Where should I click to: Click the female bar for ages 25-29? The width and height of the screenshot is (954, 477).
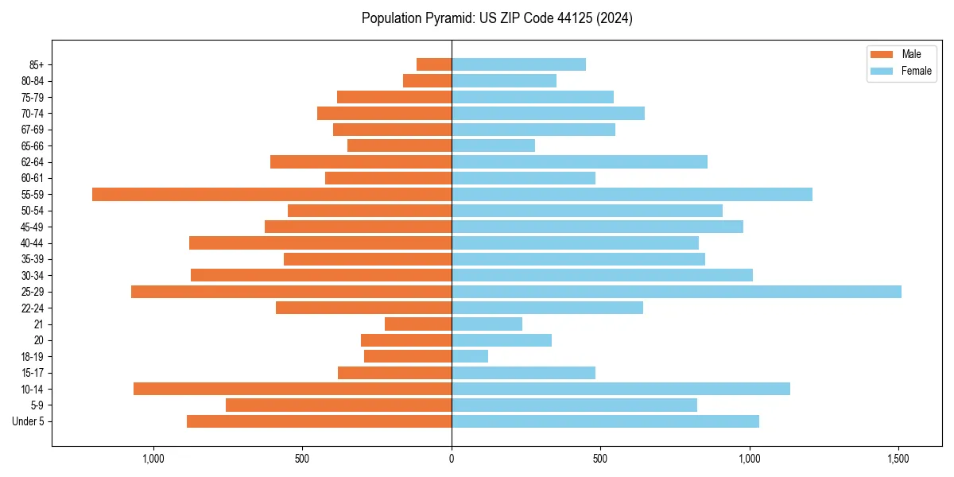pyautogui.click(x=676, y=292)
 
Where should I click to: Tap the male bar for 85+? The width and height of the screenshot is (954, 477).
pyautogui.click(x=434, y=64)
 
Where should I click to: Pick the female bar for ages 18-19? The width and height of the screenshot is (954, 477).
pyautogui.click(x=470, y=356)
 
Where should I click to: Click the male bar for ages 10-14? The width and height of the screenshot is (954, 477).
pyautogui.click(x=293, y=389)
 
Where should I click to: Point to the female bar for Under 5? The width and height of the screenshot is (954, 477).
pyautogui.click(x=605, y=421)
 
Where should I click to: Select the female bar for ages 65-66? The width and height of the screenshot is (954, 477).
pyautogui.click(x=493, y=145)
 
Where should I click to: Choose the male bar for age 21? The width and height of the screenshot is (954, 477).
pyautogui.click(x=418, y=324)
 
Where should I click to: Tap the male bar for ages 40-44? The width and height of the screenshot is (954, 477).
pyautogui.click(x=320, y=243)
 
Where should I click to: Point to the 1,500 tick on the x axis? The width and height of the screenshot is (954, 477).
pyautogui.click(x=898, y=459)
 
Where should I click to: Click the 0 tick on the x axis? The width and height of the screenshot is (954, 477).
pyautogui.click(x=452, y=459)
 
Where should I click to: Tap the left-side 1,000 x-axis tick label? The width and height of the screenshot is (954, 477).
pyautogui.click(x=153, y=459)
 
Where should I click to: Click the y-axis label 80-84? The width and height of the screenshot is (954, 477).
pyautogui.click(x=33, y=81)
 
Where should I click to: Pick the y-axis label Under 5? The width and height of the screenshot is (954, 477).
pyautogui.click(x=28, y=421)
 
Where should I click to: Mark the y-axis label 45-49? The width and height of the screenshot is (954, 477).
pyautogui.click(x=33, y=227)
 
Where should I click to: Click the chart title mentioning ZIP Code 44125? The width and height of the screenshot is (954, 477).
pyautogui.click(x=497, y=18)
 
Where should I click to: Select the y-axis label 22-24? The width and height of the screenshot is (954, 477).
pyautogui.click(x=33, y=308)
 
